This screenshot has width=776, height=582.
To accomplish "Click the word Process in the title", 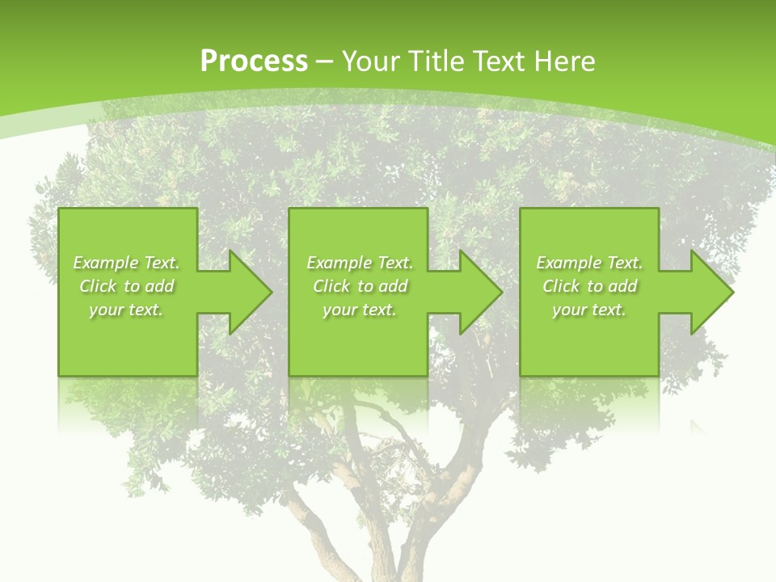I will point(254,61).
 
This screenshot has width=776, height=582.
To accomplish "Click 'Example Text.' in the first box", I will point(126,263).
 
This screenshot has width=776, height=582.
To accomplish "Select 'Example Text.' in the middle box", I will point(360,263).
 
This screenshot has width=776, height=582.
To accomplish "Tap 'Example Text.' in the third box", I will point(589,263).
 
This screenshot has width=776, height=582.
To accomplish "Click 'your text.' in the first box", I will point(126,310).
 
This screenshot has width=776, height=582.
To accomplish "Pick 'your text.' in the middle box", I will point(360,310).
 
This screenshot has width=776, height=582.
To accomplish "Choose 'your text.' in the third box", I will point(589,310).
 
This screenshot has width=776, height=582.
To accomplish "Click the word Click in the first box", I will point(99,286).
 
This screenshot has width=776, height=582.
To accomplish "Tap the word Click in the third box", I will point(562,286).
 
